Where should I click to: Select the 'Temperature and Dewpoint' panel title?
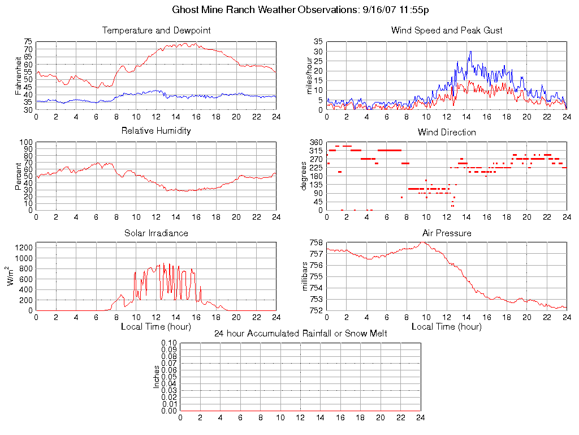(156, 30)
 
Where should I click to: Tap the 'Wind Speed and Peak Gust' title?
(447, 30)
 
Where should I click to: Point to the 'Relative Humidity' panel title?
(156, 131)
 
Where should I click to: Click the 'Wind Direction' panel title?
(447, 132)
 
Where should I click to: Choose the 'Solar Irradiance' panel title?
(156, 233)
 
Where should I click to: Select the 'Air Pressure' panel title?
(447, 233)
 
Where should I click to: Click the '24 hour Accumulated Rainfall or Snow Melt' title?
(300, 333)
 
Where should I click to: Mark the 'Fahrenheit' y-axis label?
(18, 76)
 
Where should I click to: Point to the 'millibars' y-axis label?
(305, 276)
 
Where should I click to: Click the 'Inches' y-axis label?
(157, 377)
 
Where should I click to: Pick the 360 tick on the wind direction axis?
(316, 142)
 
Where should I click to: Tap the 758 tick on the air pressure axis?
(316, 243)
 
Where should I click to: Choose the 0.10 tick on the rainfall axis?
(169, 343)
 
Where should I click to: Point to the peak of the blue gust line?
(470, 52)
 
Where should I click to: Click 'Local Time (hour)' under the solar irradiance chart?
(156, 326)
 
